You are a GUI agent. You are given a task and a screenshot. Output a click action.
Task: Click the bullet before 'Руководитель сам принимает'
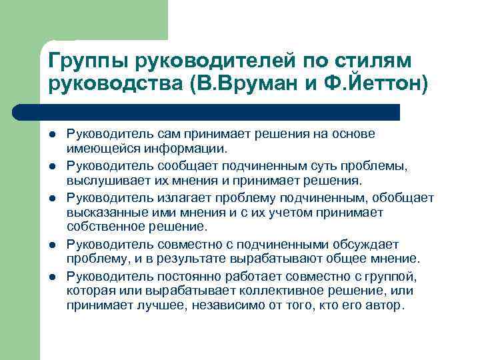pos(52,135)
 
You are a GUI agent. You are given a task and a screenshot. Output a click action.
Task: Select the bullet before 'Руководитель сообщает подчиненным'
pos(52,166)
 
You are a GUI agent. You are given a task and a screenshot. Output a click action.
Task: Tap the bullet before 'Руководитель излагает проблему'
pos(52,197)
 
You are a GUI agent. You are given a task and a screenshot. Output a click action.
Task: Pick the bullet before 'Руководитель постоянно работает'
pos(52,275)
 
